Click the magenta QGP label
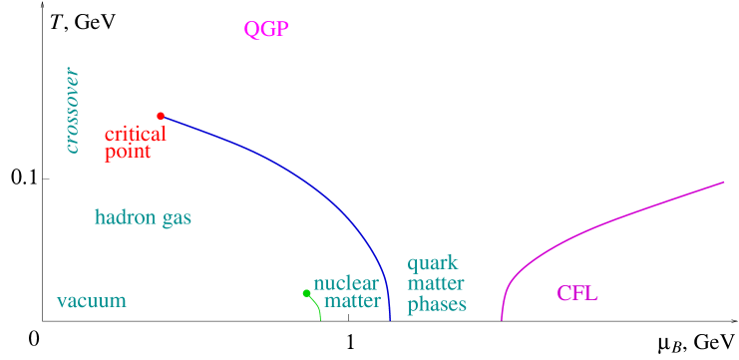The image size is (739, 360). (266, 29)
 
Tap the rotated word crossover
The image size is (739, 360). (72, 111)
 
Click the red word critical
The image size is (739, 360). (136, 134)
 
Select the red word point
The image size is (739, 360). (128, 152)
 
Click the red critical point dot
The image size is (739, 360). (161, 116)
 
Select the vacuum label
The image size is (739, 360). (91, 301)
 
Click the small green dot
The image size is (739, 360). (307, 293)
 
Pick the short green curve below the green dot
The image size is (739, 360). (317, 307)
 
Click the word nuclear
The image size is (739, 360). (346, 283)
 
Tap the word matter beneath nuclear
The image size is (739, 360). (352, 301)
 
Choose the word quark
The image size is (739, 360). (432, 264)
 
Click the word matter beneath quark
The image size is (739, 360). (435, 284)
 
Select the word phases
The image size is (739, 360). (437, 304)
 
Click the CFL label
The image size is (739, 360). (577, 293)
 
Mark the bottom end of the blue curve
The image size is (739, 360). (389, 319)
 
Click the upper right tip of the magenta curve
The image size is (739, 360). (723, 182)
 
